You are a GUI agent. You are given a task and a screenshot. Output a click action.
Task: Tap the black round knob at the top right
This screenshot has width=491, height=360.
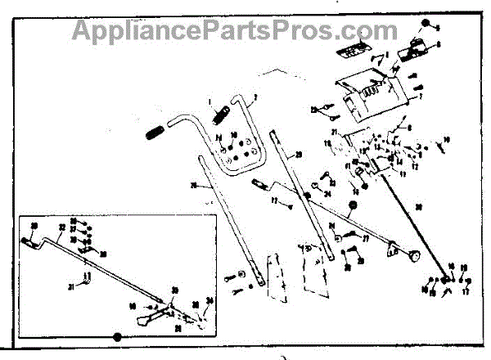[x=426, y=25]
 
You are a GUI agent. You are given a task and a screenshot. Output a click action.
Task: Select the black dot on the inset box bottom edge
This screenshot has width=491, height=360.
[x=116, y=335]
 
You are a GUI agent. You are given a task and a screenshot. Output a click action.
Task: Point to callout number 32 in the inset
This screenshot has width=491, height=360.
[x=61, y=227]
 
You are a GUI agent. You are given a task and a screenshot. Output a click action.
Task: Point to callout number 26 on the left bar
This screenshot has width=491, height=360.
[x=194, y=186]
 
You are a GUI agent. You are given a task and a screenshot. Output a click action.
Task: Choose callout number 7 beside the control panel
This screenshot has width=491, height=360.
[x=420, y=97]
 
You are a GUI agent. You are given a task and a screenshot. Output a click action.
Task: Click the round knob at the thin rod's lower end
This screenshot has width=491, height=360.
[x=417, y=259]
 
